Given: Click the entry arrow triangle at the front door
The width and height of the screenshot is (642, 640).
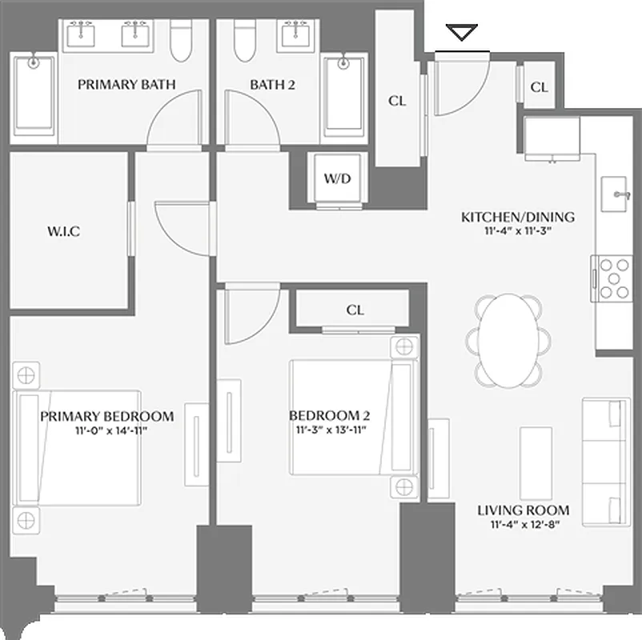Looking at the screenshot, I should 462,33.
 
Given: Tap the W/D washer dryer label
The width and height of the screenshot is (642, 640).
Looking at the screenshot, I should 337,178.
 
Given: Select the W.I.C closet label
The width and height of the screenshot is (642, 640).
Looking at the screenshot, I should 64,232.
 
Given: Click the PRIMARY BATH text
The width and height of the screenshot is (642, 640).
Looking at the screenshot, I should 126,84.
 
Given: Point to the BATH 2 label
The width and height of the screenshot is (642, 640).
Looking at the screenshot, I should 272,84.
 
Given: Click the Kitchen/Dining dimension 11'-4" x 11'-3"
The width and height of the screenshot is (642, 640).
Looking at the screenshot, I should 518,231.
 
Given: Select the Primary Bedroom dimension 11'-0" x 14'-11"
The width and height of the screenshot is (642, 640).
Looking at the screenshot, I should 107,430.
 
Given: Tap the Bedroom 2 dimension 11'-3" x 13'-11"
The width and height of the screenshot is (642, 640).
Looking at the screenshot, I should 329,430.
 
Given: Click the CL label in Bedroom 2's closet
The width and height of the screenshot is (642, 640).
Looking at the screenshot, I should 355,310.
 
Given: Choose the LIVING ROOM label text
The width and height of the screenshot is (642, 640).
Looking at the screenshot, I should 523,510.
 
